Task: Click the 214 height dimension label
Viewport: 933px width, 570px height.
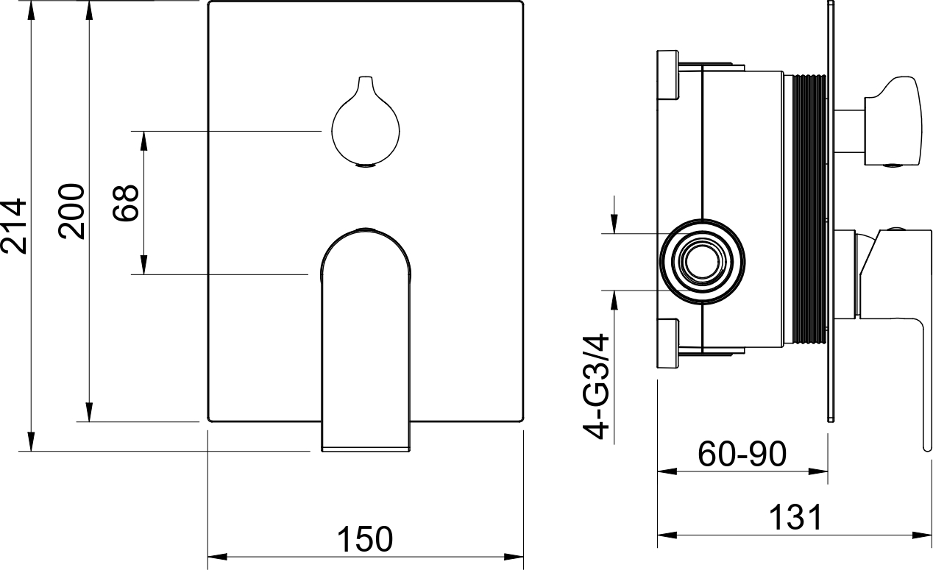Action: pos(14,226)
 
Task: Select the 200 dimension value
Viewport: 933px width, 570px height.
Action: pos(71,211)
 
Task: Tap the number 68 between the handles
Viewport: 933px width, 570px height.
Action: pos(125,203)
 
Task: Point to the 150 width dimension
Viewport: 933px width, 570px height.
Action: pos(365,539)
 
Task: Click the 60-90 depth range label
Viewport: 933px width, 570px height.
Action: pos(742,454)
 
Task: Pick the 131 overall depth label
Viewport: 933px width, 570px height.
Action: pos(795,518)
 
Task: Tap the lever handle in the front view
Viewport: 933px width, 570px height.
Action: pos(366,340)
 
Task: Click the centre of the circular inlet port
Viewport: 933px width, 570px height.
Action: pos(702,262)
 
